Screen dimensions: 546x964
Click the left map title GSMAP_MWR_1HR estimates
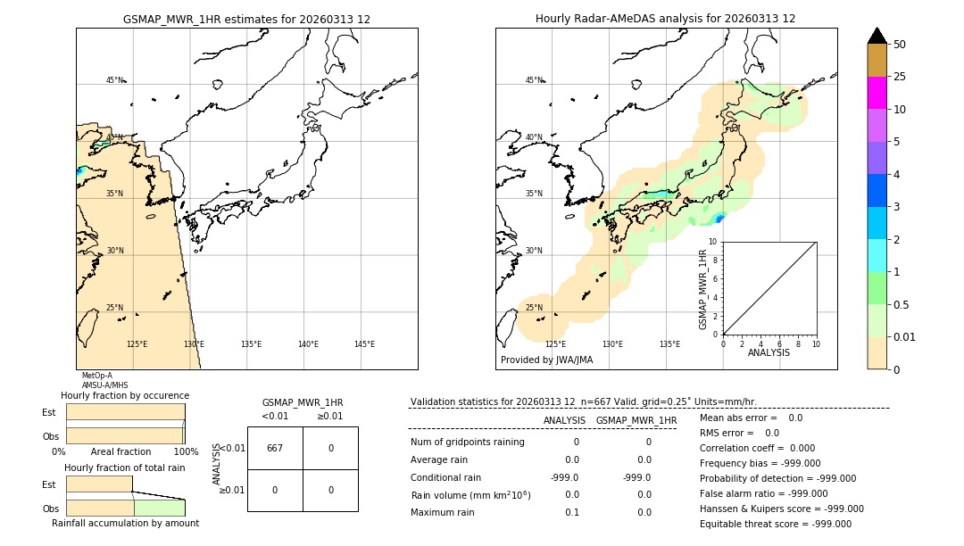pos(246,19)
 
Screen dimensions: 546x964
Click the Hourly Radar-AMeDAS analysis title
pos(665,19)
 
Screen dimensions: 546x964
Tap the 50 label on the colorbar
pos(900,45)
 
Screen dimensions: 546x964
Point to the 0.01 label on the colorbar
pos(905,336)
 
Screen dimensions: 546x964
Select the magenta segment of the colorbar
pos(877,93)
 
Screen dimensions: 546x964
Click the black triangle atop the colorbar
pos(877,36)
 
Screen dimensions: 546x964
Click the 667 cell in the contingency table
pos(275,448)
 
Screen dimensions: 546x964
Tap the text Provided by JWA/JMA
pos(546,360)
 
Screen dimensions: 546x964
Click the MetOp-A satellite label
pos(97,376)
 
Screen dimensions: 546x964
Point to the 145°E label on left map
pos(364,344)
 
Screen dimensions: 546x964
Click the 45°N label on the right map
pos(533,80)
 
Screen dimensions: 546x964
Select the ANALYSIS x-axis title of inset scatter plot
pos(769,352)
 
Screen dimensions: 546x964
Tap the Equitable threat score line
pos(775,524)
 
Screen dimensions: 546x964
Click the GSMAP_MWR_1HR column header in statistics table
pos(636,420)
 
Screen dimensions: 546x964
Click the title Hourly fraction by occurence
pos(125,395)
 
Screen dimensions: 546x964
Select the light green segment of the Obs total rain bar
pos(159,507)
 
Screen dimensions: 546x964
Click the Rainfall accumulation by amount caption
pos(125,523)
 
